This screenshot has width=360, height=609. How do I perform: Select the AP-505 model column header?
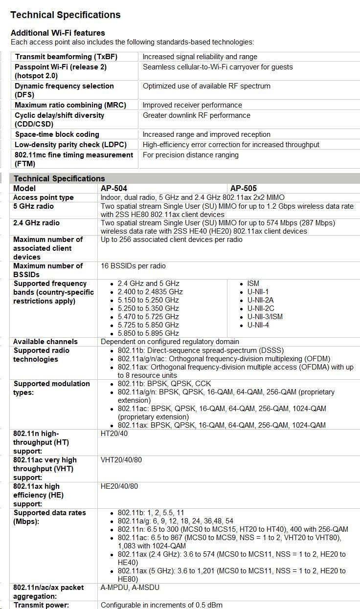244,188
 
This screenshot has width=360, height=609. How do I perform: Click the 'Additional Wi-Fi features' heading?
58,33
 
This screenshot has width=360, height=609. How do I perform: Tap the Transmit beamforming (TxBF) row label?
66,57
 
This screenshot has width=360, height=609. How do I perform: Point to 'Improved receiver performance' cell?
192,105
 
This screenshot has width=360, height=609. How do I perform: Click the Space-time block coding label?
57,134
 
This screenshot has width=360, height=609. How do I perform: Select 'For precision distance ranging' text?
191,155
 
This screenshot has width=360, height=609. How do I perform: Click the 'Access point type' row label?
44,197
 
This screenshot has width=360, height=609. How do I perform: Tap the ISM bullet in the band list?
253,283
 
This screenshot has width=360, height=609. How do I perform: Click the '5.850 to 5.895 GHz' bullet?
148,333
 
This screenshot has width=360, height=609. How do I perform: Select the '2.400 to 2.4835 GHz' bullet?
150,292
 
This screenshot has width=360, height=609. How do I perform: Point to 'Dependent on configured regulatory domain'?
170,342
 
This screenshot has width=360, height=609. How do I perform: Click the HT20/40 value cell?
114,434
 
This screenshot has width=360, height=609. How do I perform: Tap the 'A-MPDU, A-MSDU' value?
130,587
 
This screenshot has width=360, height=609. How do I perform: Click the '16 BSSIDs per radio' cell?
133,266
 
